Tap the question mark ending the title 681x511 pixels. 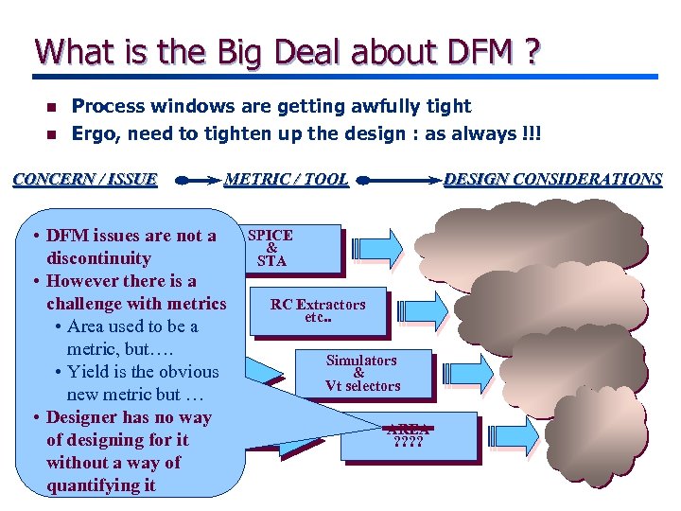533,53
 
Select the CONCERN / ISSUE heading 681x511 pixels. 85,179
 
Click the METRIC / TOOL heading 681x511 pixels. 286,179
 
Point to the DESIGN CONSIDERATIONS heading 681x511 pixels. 552,179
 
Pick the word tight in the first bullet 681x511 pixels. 449,106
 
